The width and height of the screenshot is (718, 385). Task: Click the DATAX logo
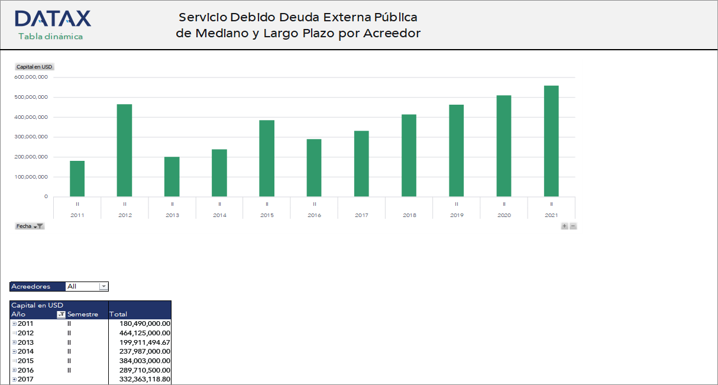[53, 19]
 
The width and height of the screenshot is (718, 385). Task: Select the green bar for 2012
[124, 150]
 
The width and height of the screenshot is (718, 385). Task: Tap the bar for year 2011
[77, 179]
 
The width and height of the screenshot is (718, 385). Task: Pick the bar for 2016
[314, 168]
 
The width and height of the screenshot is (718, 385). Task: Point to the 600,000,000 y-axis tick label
[31, 77]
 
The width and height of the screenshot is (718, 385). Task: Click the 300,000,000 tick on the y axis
[31, 137]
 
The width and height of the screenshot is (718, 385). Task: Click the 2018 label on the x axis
[409, 215]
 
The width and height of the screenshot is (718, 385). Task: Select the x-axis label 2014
[219, 215]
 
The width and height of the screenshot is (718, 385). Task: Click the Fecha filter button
[30, 226]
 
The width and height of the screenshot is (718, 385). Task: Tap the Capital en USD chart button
[34, 67]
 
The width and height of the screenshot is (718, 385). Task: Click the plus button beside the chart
[564, 226]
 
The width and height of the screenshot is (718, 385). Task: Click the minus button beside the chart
[573, 226]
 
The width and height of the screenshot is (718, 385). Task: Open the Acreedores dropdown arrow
[104, 287]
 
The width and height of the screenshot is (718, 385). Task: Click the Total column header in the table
[119, 314]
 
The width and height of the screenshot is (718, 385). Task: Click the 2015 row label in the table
[25, 361]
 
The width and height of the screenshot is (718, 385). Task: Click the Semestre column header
[83, 314]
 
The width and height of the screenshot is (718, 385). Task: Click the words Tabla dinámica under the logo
[50, 37]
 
